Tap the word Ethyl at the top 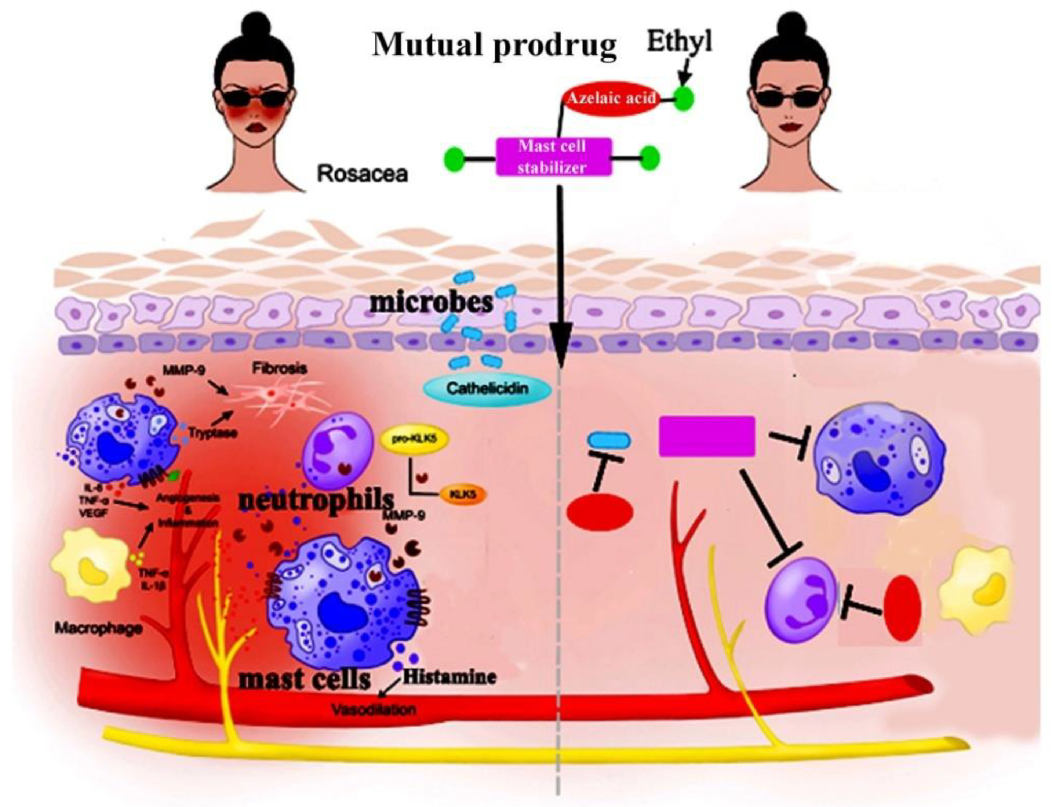coord(679,42)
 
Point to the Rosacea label coord(362,174)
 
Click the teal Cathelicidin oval coord(487,388)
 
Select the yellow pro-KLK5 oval coord(414,439)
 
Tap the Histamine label coord(449,677)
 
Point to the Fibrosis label coord(279,369)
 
